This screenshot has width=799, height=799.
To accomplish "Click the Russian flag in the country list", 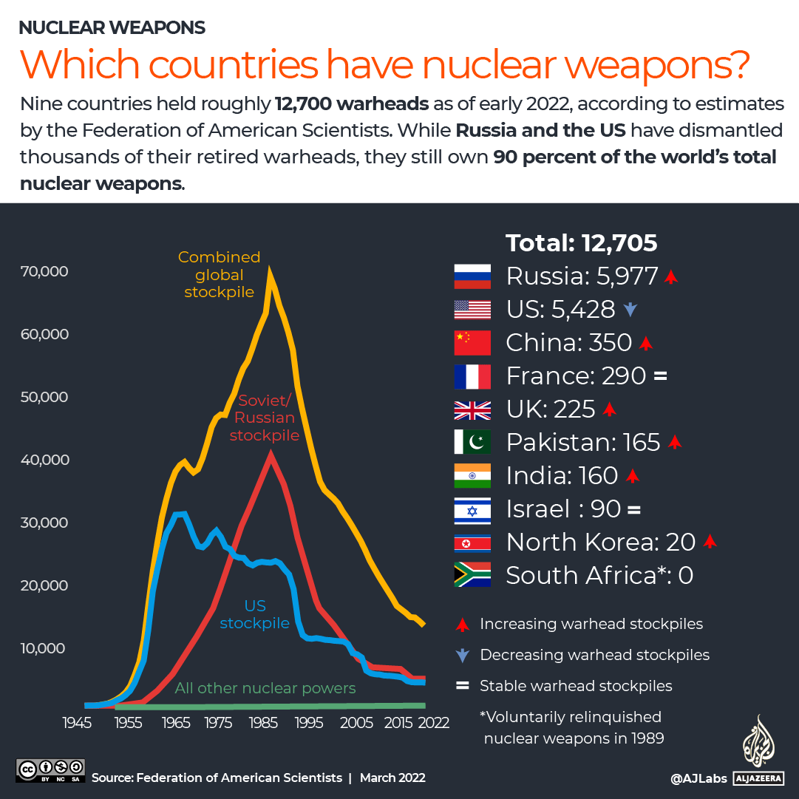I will (x=472, y=276).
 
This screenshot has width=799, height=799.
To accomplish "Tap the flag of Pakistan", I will (x=472, y=442).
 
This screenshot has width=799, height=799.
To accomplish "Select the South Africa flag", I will (x=472, y=575).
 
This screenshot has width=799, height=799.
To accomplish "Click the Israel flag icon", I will (x=472, y=509).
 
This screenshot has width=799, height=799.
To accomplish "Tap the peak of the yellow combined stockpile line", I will (x=271, y=272).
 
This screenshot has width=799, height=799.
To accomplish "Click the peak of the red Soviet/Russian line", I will (x=271, y=455).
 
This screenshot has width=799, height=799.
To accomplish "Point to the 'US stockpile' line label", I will (x=255, y=615).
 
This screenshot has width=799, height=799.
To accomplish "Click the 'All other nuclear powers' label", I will (x=265, y=688).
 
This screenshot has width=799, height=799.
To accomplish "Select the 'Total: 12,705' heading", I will (x=582, y=243).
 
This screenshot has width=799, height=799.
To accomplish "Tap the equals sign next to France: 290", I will (x=660, y=376).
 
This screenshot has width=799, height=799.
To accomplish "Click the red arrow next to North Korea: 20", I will (x=710, y=543).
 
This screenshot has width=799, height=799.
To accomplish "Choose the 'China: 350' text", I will (x=568, y=343).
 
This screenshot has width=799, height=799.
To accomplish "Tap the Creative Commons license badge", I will (x=51, y=770).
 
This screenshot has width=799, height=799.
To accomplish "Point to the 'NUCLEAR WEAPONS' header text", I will (x=112, y=28).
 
